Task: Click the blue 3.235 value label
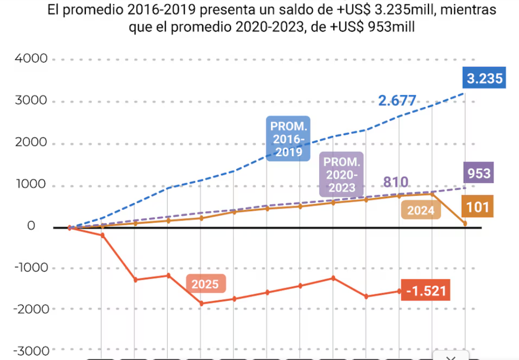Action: click(484, 79)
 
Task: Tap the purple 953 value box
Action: click(478, 173)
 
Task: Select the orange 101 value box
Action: click(477, 207)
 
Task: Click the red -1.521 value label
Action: click(426, 291)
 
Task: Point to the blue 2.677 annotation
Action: click(397, 101)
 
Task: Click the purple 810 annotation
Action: click(396, 182)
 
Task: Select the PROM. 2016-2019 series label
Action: click(287, 139)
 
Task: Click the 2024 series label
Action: click(421, 211)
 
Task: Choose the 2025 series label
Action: click(205, 285)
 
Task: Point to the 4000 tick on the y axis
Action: click(31, 59)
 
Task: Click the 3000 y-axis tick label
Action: click(31, 101)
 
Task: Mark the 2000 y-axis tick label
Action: click(31, 143)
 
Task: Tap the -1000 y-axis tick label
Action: click(29, 268)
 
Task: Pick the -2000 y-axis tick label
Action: click(29, 309)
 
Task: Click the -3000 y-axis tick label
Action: click(29, 350)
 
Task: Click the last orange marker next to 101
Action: click(465, 223)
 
